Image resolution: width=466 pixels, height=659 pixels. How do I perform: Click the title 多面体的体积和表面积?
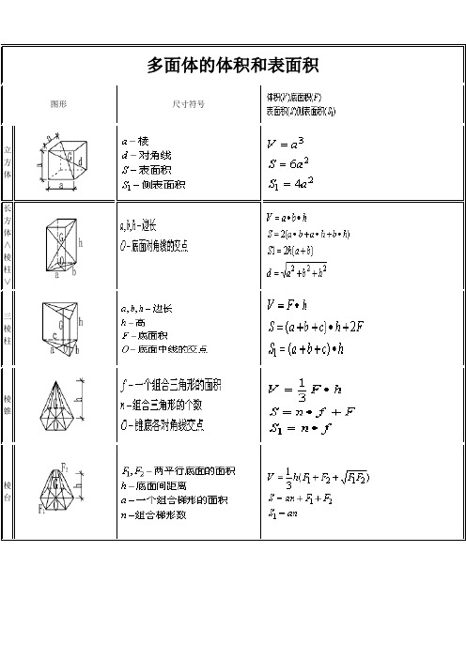[234, 65]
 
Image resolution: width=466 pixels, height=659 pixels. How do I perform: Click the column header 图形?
[58, 103]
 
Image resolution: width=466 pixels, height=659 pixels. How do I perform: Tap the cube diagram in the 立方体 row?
[64, 161]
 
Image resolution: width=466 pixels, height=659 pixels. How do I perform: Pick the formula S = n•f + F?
[306, 411]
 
